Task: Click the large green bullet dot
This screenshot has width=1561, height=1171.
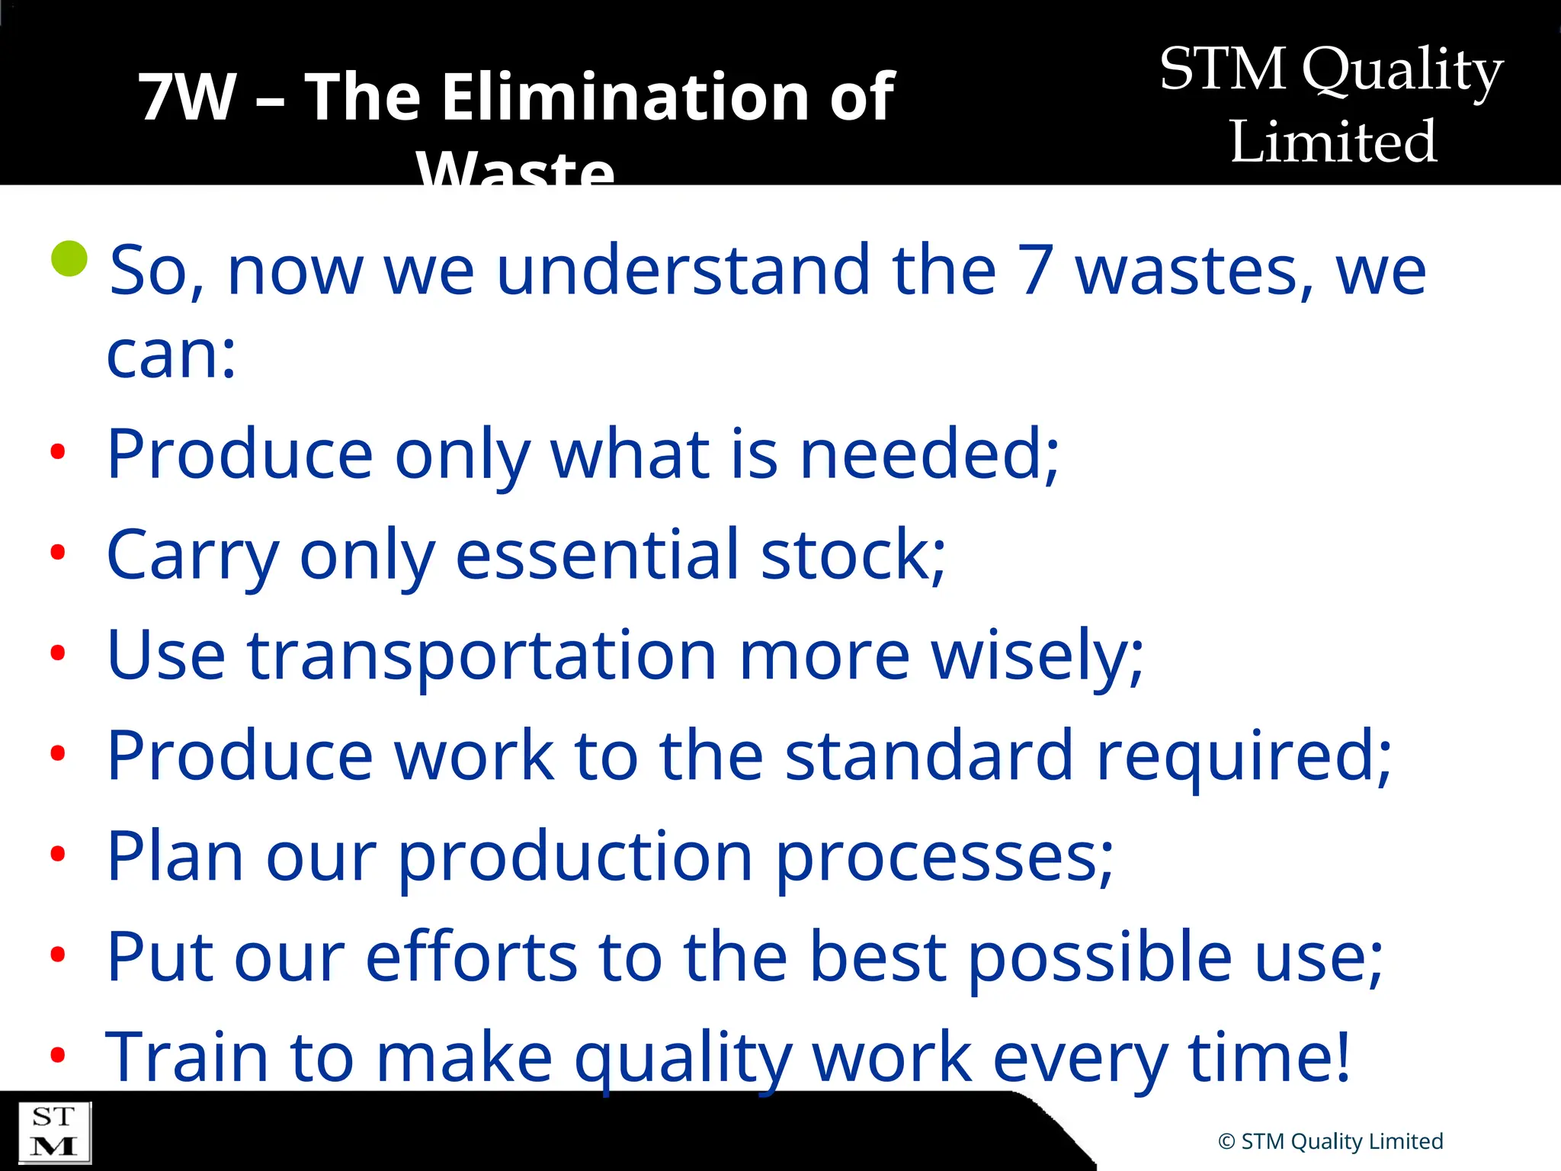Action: [x=69, y=258]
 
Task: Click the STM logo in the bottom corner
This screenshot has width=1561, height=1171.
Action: [x=54, y=1132]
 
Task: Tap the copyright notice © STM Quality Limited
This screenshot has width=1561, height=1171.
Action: [x=1330, y=1141]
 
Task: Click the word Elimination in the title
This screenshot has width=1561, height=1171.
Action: [x=623, y=97]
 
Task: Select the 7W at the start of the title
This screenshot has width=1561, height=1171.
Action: [x=188, y=97]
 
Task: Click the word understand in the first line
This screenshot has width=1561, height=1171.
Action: [x=682, y=270]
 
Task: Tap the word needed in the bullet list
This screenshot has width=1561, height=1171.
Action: [x=922, y=454]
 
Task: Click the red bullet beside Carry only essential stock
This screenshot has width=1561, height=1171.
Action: [x=58, y=552]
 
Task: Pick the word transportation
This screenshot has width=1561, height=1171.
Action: [x=482, y=656]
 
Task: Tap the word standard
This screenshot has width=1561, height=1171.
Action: [x=930, y=756]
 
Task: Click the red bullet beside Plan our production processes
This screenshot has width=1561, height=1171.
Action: [x=58, y=854]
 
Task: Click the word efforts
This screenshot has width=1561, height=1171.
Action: [x=471, y=957]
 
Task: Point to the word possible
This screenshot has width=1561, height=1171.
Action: [x=1100, y=957]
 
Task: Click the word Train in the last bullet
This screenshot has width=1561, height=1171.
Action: [x=187, y=1057]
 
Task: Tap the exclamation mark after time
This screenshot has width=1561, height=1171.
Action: [x=1342, y=1057]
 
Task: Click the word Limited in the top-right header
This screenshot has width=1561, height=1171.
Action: [x=1333, y=142]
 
